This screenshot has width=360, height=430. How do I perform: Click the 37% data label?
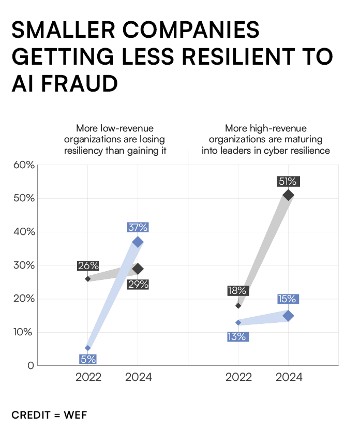click(x=138, y=227)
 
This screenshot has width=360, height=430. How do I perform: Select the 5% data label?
click(x=88, y=359)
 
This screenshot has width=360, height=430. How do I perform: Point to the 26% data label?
click(x=88, y=266)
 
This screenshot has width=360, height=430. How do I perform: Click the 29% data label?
click(x=138, y=284)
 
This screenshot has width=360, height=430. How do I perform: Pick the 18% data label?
click(x=237, y=291)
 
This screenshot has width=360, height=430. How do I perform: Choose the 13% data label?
click(x=237, y=336)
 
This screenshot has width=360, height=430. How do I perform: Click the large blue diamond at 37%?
click(x=138, y=242)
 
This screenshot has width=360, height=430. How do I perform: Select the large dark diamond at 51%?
click(x=289, y=195)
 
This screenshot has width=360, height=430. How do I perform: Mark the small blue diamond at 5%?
click(x=88, y=348)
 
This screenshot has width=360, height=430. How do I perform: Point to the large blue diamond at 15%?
click(x=288, y=316)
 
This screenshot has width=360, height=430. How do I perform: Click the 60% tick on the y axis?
click(x=22, y=165)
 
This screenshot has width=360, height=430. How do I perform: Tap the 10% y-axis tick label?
click(x=22, y=332)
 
